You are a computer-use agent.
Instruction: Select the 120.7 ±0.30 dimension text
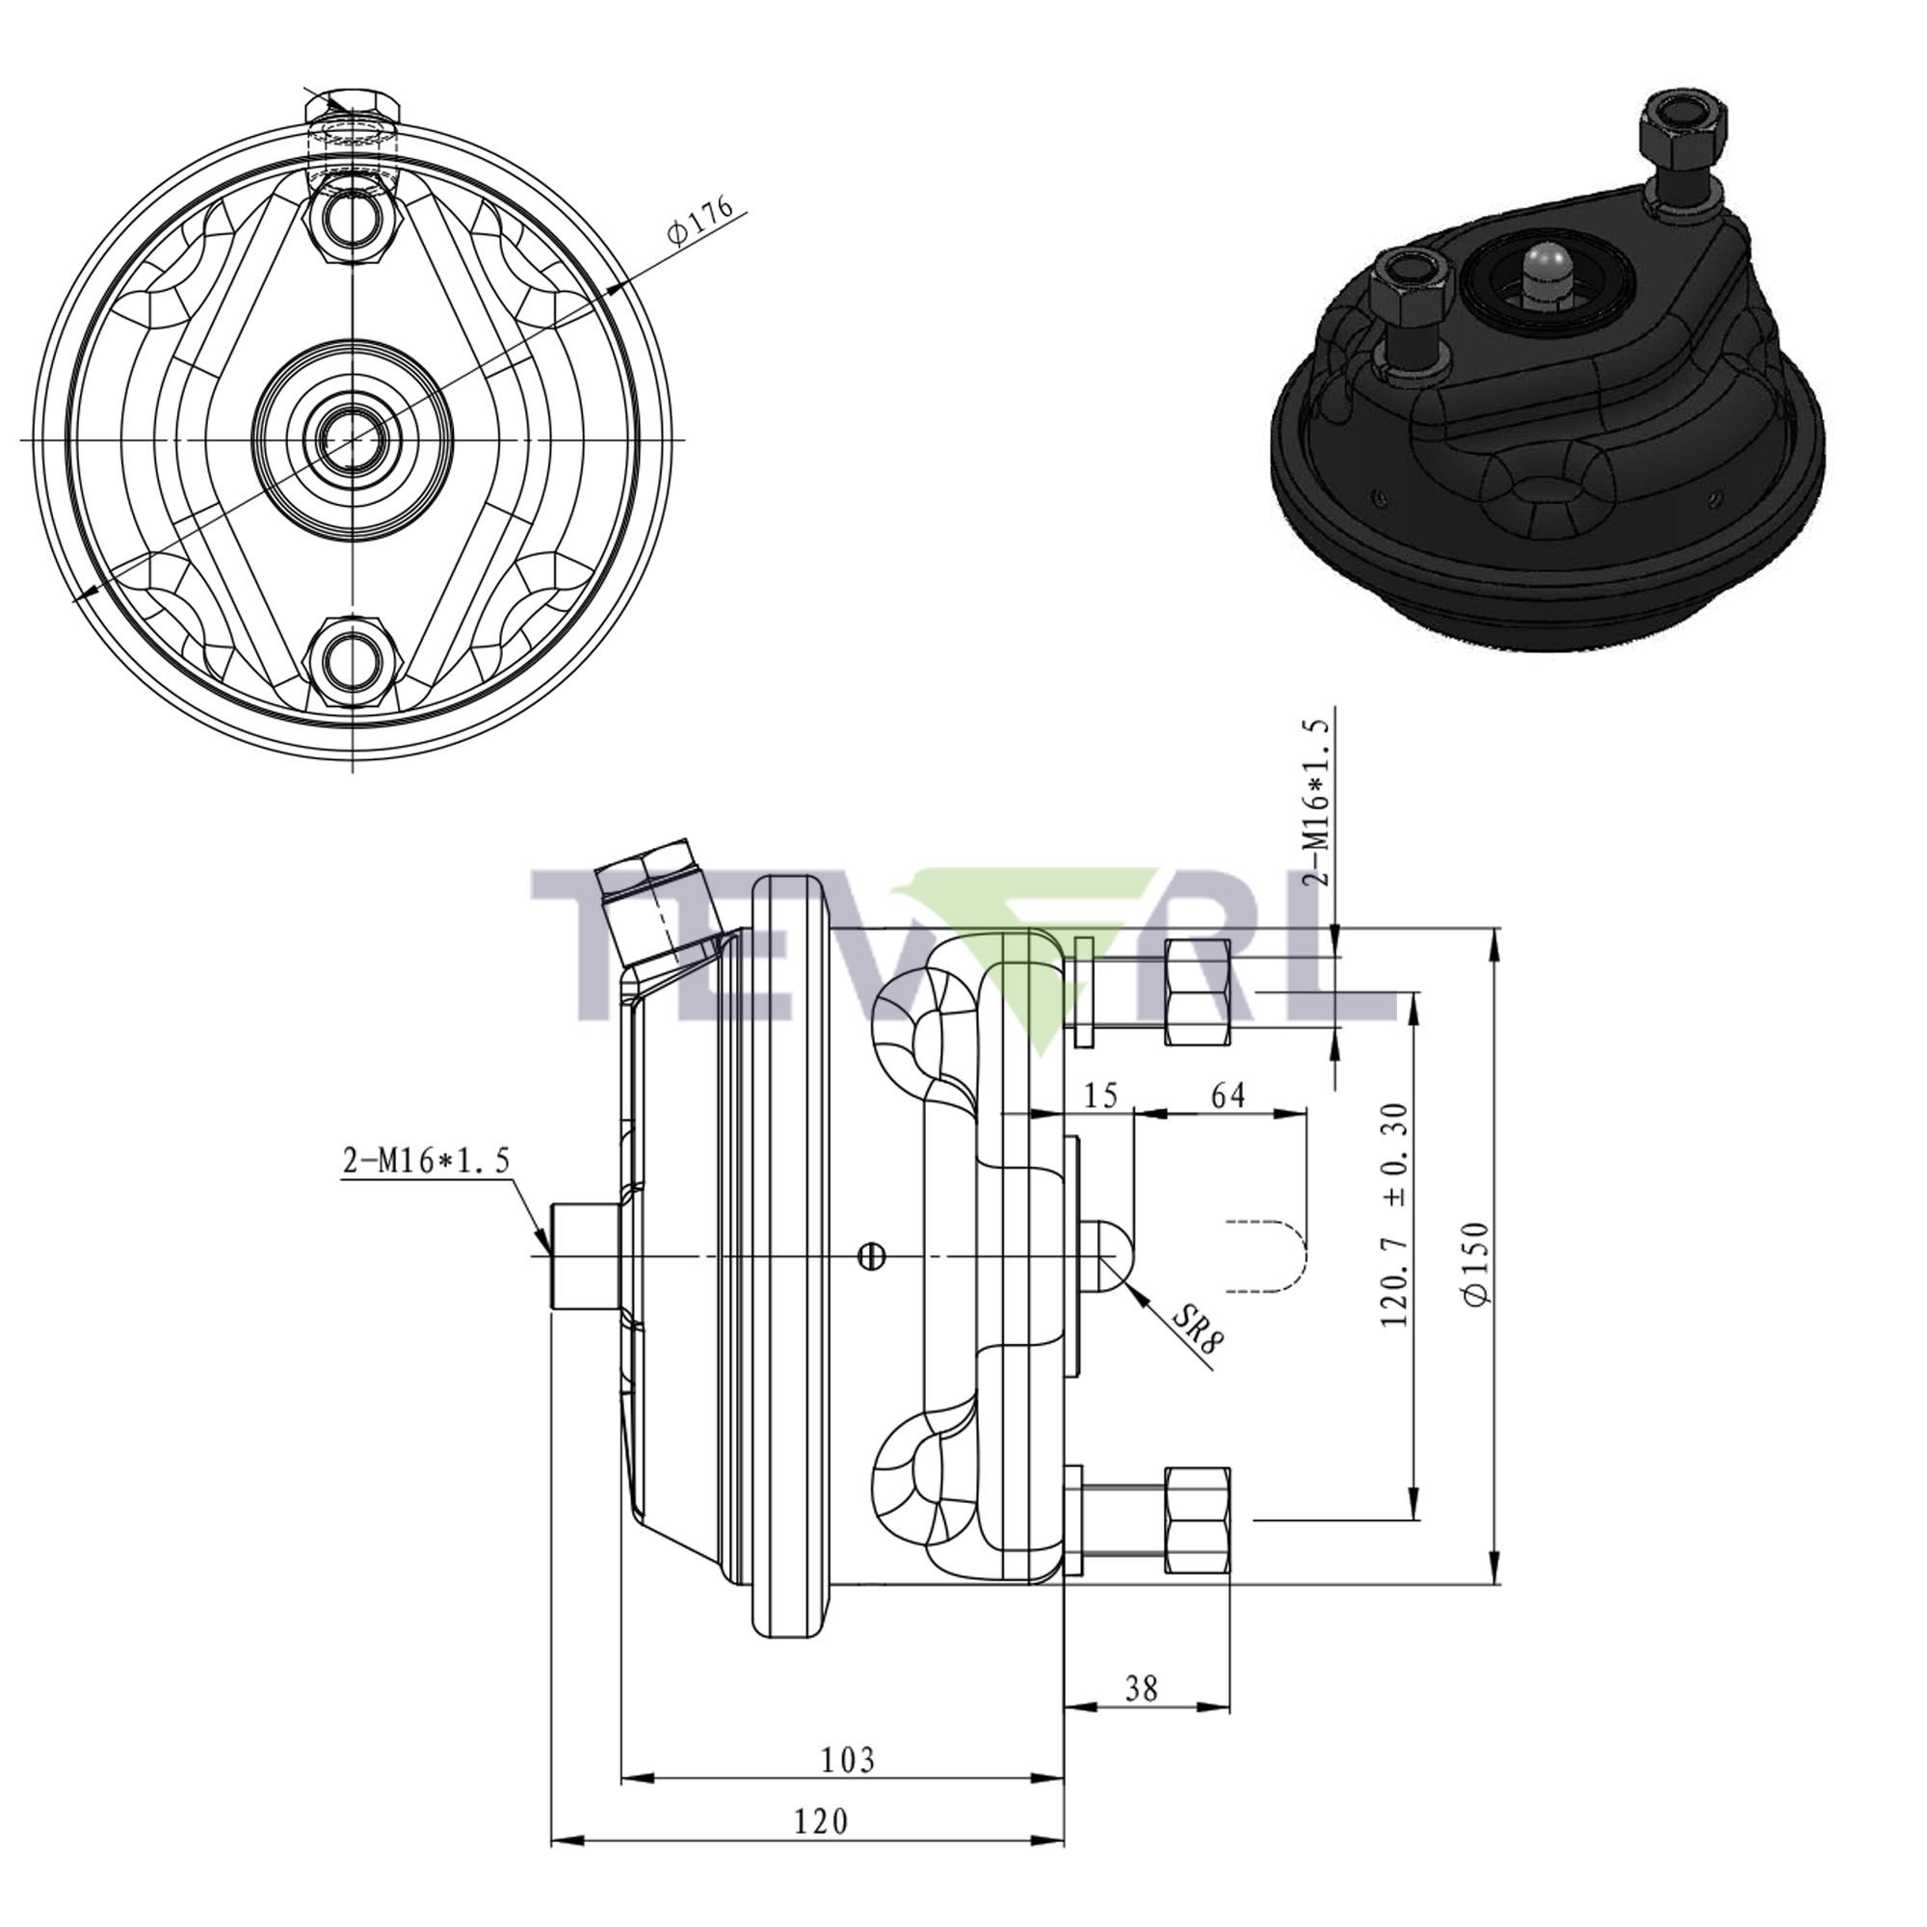(1395, 1214)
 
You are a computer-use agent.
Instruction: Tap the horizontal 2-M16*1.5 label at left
(426, 1160)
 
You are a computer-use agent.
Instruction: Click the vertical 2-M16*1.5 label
(1319, 802)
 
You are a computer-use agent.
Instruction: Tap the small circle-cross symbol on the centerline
(872, 1256)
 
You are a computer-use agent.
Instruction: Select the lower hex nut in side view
(1197, 1520)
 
